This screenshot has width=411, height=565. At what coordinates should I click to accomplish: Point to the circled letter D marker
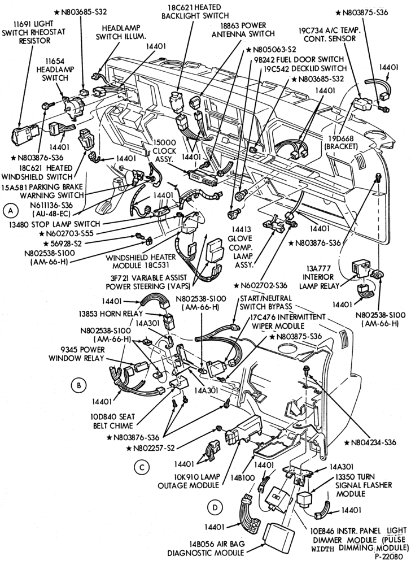tap(215, 508)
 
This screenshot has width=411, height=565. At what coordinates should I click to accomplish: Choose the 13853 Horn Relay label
tap(111, 313)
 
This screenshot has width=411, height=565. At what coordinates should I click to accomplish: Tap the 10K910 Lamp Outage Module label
tap(189, 481)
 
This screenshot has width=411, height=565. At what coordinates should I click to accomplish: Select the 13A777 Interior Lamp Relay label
tap(318, 277)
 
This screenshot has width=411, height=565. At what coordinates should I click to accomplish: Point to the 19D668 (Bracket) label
tap(341, 142)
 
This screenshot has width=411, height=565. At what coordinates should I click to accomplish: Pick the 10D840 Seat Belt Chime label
tap(112, 421)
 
